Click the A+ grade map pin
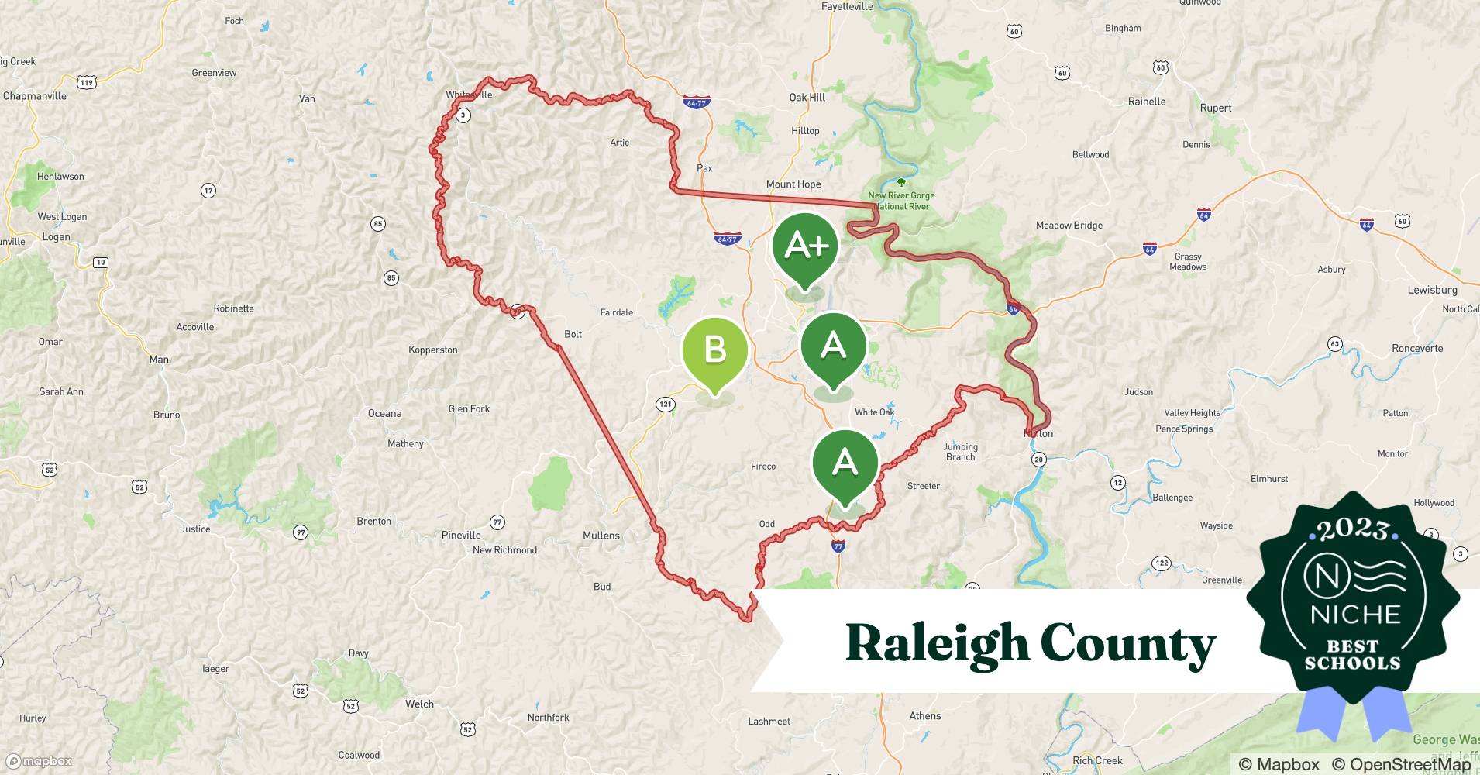[806, 247]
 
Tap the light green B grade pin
[714, 351]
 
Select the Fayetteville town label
[847, 7]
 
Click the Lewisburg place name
[1432, 290]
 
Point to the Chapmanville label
[35, 96]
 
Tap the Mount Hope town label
[793, 184]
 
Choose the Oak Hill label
[807, 98]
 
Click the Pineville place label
[461, 536]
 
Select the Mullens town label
[601, 536]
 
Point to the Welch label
[419, 704]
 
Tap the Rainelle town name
[1147, 102]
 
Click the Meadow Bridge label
[1069, 226]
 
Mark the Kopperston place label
[432, 350]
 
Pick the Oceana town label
[384, 414]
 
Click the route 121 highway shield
[665, 404]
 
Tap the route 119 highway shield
[86, 82]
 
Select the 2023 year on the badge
[1353, 530]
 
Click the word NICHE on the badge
[1355, 615]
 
